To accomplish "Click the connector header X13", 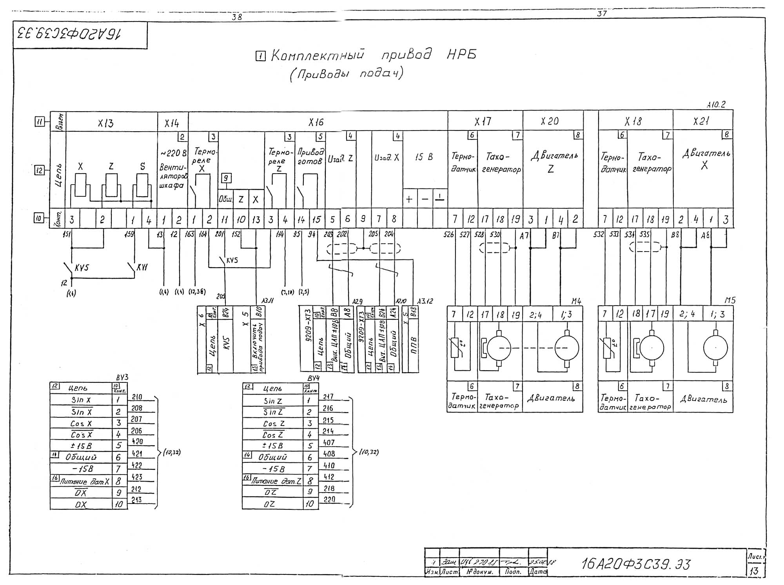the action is tap(105, 123).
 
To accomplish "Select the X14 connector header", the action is tap(172, 123).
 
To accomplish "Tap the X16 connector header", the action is tap(316, 122).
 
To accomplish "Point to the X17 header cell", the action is tap(483, 121).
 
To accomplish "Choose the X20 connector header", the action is tap(550, 121).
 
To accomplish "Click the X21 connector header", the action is tap(701, 121).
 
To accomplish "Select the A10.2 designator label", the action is tap(716, 105).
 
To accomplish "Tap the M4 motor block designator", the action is tap(576, 301).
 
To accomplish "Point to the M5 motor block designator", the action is tap(730, 301).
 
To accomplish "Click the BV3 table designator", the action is tap(122, 378).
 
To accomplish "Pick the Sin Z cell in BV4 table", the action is tap(273, 401).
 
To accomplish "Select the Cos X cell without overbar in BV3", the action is tap(81, 424).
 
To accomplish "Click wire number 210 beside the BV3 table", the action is tap(137, 397).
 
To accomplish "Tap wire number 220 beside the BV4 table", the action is tap(329, 500).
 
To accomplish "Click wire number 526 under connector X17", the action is tap(448, 234).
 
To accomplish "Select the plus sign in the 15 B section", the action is tap(409, 199).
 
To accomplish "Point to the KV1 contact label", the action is tap(142, 268).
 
